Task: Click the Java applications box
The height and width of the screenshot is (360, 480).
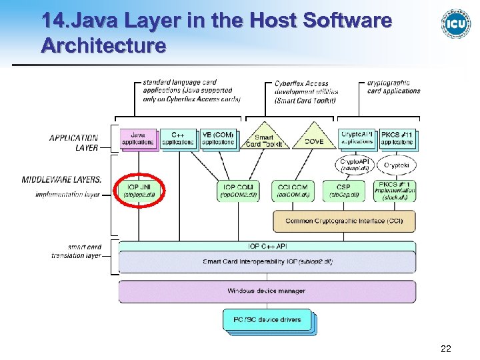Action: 138,138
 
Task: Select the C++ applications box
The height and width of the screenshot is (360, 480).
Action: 178,138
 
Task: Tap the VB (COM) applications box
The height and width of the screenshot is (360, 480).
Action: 218,138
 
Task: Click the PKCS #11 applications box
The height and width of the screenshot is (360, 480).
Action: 397,138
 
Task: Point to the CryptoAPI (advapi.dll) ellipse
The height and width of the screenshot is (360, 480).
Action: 357,164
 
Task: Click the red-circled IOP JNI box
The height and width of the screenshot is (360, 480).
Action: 140,190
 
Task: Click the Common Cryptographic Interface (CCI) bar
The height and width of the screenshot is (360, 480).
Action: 343,221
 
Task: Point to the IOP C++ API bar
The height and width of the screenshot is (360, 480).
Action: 267,247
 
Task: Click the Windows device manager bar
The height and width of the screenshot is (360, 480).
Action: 267,291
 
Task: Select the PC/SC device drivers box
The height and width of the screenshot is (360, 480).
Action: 267,320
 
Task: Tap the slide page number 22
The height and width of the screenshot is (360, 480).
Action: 445,348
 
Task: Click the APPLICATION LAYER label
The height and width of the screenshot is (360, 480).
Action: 73,143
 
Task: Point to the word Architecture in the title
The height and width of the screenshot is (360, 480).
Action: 103,46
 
